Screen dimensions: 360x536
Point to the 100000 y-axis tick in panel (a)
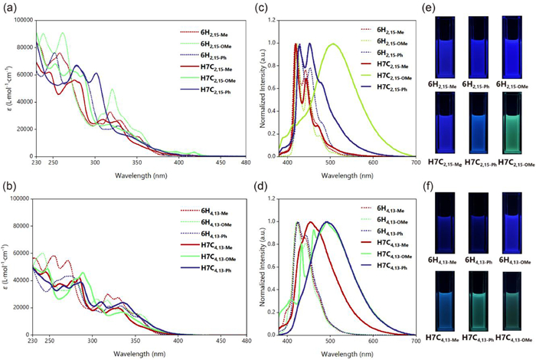click(25, 15)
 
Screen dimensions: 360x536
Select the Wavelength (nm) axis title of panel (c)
click(351, 175)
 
